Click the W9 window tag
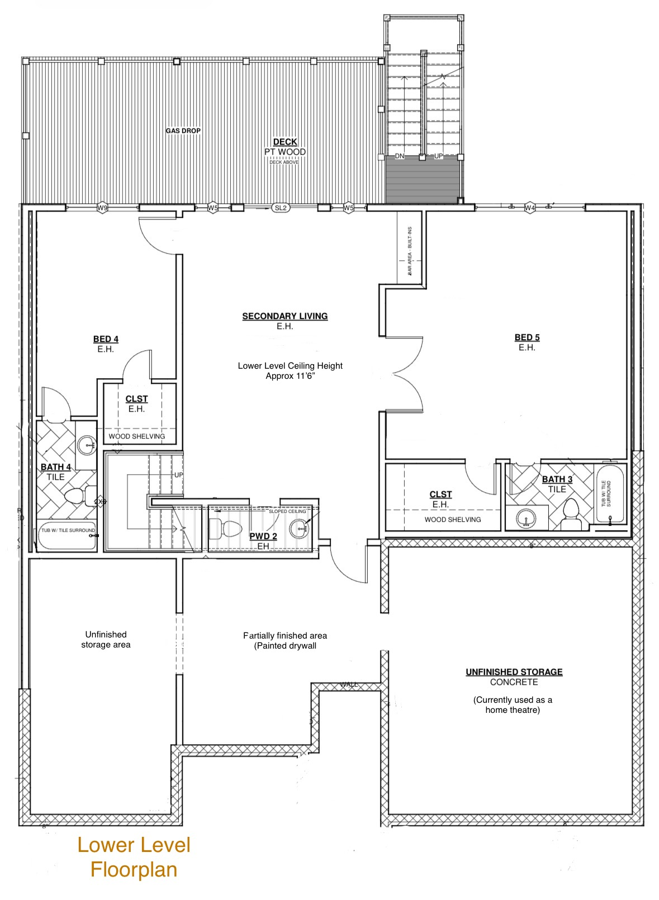[102, 208]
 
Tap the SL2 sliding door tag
[281, 208]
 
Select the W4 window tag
[530, 208]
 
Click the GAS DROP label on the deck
[183, 131]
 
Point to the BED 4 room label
[106, 339]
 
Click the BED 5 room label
[527, 337]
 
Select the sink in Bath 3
[525, 518]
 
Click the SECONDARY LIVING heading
[285, 316]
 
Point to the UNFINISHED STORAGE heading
[514, 672]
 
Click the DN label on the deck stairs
[399, 156]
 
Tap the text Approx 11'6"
[290, 376]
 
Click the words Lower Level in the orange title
[134, 845]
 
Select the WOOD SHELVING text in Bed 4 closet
[137, 436]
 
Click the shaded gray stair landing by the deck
[423, 180]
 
